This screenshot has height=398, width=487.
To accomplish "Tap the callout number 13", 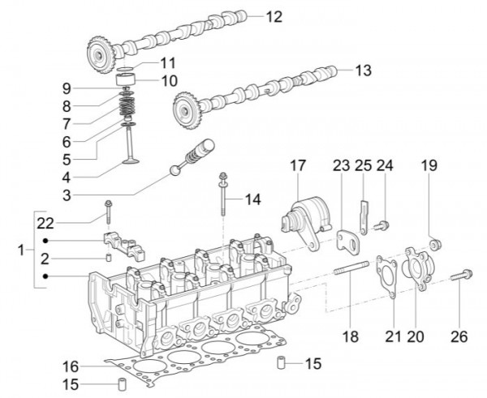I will coord(363,71).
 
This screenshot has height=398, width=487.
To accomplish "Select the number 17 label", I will coord(298,166).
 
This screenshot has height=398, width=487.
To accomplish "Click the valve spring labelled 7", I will coord(127,105).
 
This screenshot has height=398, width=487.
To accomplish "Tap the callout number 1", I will coord(21,250).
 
